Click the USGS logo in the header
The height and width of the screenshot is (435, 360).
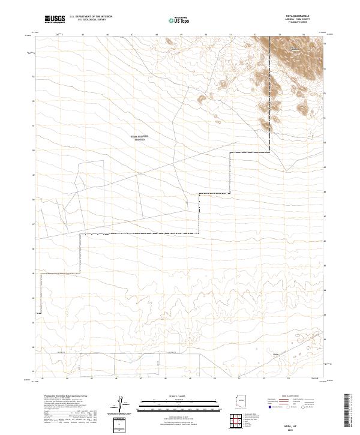click(x=53, y=20)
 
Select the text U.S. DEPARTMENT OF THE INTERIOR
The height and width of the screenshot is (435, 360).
click(x=91, y=17)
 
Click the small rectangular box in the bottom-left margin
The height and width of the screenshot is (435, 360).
click(x=121, y=423)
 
